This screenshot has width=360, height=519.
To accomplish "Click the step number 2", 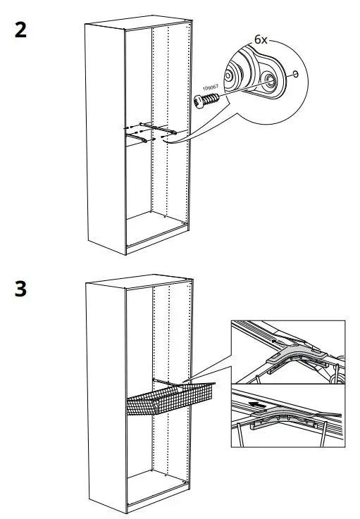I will click(21, 32).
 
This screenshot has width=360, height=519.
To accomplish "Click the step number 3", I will click(21, 290).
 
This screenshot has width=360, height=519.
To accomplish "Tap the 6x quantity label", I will click(261, 40).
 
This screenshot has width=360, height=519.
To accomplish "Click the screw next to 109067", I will click(208, 103).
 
